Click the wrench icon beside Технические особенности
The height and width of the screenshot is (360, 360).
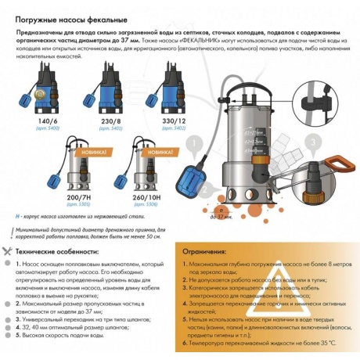tap(8, 252)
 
